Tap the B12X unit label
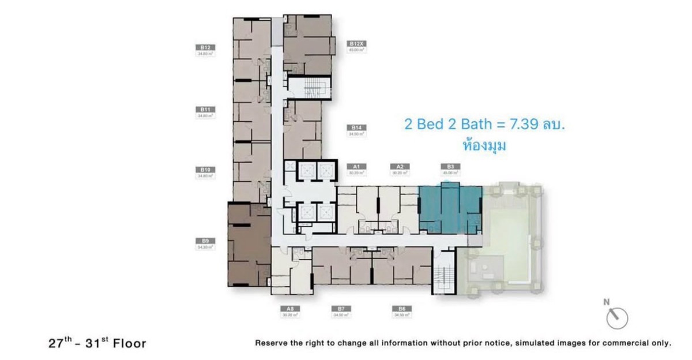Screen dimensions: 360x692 point(355,43)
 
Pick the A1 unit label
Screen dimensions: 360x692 point(356,166)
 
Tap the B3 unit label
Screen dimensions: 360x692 point(452,166)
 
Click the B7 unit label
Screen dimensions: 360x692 point(341,309)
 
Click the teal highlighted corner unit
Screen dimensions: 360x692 point(449,209)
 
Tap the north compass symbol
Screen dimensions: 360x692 point(616,315)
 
